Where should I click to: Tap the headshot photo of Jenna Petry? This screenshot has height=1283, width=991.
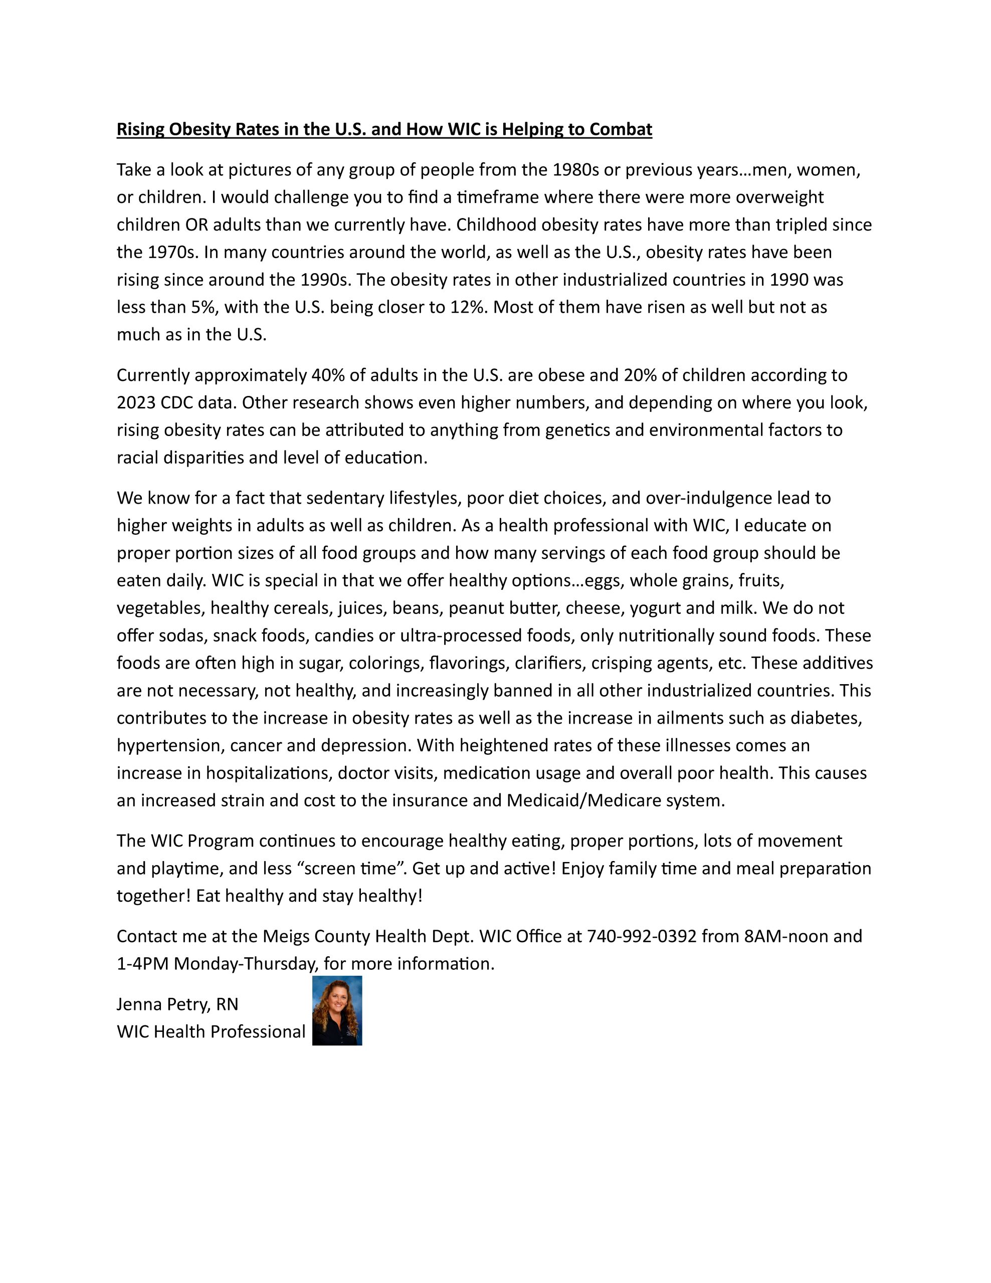pyautogui.click(x=337, y=1011)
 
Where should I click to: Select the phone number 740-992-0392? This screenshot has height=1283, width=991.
pyautogui.click(x=642, y=936)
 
